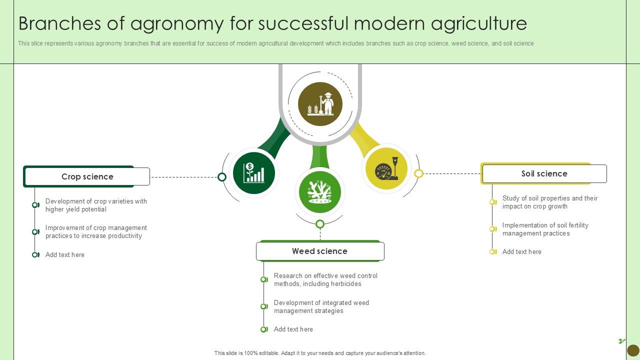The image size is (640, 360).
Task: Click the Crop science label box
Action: [x=87, y=176]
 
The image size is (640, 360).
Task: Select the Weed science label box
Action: [x=320, y=251]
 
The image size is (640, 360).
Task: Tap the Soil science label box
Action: [x=544, y=173]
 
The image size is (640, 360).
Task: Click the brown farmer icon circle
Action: [x=320, y=104]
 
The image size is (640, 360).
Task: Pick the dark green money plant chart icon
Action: [x=254, y=173]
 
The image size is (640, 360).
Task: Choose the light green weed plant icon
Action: [x=320, y=192]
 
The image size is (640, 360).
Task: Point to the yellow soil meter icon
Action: [x=386, y=169]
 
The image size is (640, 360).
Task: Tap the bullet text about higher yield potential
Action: [x=96, y=205]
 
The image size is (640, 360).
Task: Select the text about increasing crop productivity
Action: [x=96, y=232]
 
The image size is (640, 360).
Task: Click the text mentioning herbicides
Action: [x=325, y=280]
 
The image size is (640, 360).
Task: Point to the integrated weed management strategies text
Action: [x=321, y=307]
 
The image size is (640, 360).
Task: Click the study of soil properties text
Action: [x=549, y=202]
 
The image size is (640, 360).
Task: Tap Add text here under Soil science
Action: [x=521, y=252]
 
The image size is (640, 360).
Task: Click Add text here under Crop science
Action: [x=65, y=255]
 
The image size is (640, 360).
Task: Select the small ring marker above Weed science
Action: [x=320, y=224]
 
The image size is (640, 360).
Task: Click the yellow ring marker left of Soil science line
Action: [x=419, y=173]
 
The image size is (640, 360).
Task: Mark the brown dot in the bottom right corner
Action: [x=632, y=350]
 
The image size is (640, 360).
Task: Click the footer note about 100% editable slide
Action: [x=320, y=353]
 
